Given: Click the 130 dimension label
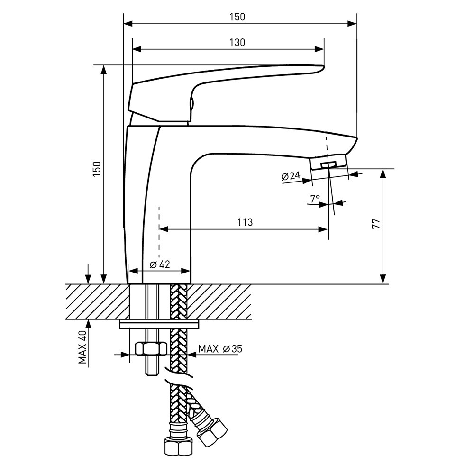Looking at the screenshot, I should click(237, 43).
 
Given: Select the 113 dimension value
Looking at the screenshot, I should click(245, 222).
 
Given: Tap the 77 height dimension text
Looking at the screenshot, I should click(376, 225).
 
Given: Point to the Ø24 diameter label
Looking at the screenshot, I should click(291, 176).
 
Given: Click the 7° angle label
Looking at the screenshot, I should click(315, 199).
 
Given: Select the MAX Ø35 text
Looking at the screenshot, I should click(220, 349).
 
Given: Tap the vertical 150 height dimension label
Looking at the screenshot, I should click(97, 170).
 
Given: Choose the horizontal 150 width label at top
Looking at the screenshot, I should click(237, 17).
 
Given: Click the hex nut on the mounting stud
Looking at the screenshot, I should click(150, 349).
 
